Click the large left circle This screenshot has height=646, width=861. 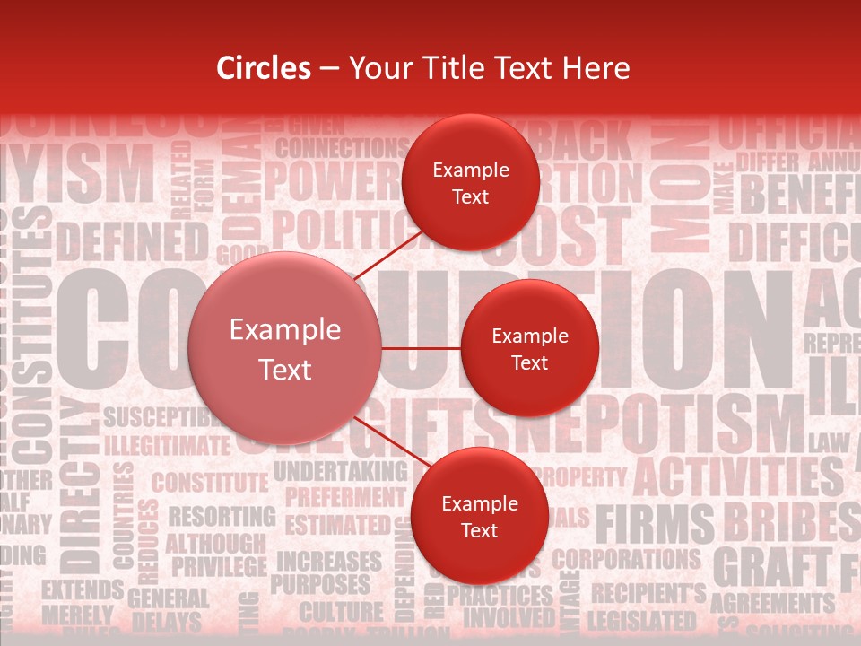(x=285, y=349)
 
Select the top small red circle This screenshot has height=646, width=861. (x=471, y=183)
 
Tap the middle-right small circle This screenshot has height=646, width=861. (x=530, y=349)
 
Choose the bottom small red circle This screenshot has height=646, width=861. (x=479, y=517)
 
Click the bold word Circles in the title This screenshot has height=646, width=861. (x=264, y=68)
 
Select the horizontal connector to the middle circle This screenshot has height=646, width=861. (x=421, y=348)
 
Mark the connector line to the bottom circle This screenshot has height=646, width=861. (x=389, y=442)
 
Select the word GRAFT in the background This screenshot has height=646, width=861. (x=771, y=568)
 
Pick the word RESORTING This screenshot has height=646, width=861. (x=222, y=517)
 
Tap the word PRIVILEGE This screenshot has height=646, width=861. (x=219, y=567)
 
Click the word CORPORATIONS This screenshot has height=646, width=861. (x=625, y=559)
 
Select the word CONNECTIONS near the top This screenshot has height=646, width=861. (x=343, y=147)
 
